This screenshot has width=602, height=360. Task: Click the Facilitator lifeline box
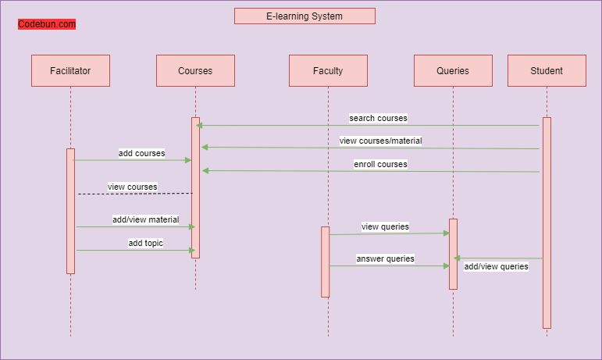[70, 70]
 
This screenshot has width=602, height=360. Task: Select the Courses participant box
[195, 70]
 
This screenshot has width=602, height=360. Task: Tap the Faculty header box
[328, 70]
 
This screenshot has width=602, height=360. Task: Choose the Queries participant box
[453, 70]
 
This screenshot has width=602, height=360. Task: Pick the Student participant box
[547, 70]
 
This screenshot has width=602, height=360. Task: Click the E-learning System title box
[305, 16]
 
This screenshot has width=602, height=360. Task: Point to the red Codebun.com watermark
[47, 24]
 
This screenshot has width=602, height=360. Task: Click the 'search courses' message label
[378, 118]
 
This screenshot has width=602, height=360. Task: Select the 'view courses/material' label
[380, 141]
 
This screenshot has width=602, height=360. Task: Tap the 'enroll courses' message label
[380, 164]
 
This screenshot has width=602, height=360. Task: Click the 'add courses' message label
[141, 153]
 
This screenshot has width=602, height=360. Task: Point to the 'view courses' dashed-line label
[132, 187]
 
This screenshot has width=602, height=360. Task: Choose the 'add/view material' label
[145, 219]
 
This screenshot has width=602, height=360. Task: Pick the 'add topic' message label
[145, 243]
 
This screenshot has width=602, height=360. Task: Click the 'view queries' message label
[385, 226]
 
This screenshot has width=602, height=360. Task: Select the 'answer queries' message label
[385, 258]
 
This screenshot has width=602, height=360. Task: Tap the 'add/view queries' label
[496, 266]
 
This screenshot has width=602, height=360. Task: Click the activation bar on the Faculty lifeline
[325, 262]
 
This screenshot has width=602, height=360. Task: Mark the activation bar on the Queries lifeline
[453, 254]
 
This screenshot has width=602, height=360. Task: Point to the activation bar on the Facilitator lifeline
[70, 211]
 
